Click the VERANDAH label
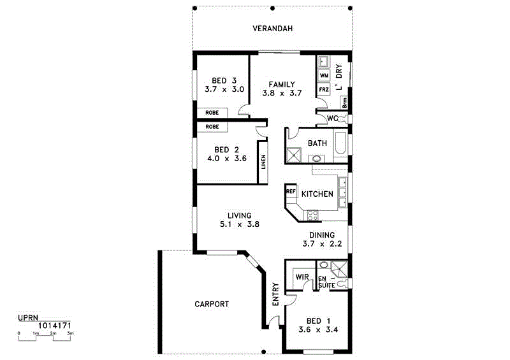[x=272, y=29]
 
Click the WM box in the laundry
[x=324, y=76]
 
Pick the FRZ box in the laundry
[x=324, y=90]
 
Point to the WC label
[x=332, y=119]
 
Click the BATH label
[x=317, y=143]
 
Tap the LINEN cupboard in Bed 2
[x=263, y=161]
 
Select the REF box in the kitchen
[x=291, y=191]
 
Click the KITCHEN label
[x=317, y=194]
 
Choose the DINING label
[x=322, y=234]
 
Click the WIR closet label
[x=302, y=277]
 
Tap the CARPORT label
[x=212, y=304]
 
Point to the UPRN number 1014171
[x=55, y=325]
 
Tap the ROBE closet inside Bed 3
[x=212, y=113]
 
